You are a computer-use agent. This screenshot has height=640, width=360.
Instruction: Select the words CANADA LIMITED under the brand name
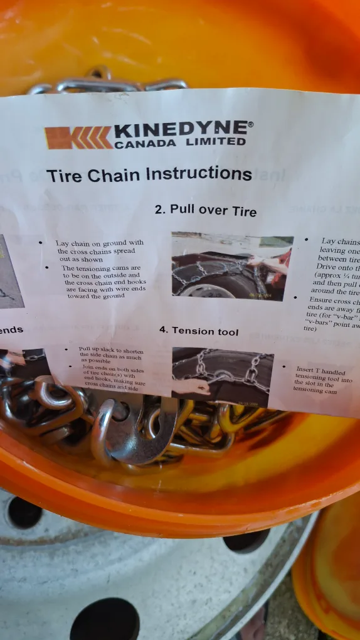pos(179,142)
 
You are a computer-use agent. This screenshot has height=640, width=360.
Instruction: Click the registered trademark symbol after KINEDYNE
pos(251,124)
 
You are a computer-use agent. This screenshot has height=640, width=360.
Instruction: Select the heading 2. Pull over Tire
pos(205,211)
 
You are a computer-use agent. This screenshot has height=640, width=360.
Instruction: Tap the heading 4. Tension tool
pos(198,331)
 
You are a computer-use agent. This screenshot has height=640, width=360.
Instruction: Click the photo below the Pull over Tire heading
pos(232,267)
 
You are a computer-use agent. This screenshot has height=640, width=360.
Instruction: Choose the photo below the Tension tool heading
pos(223,376)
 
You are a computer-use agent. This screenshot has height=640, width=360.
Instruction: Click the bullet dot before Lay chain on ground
pos(41,243)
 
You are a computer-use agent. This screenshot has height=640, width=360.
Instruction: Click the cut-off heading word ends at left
pos(11,330)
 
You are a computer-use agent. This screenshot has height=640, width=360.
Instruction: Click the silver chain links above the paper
pos(107,84)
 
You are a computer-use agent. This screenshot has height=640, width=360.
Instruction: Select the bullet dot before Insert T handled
pos(282,368)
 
